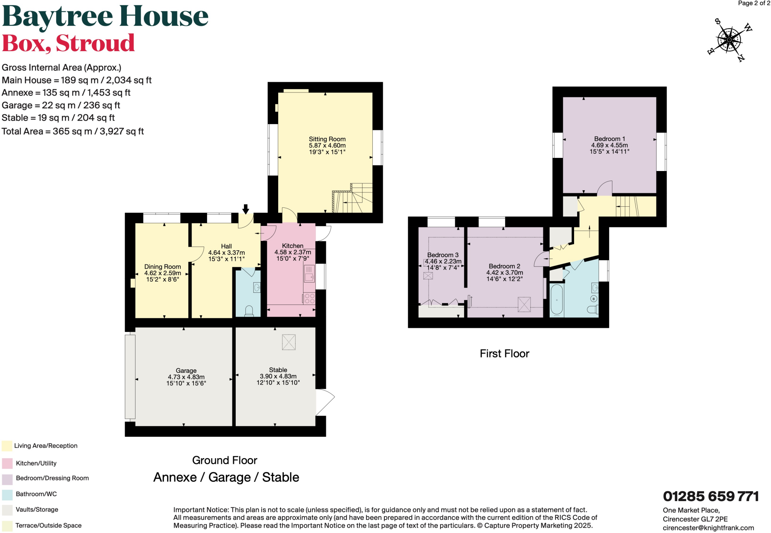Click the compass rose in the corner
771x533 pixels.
[x=729, y=40]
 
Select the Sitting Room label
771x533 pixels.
[x=327, y=139]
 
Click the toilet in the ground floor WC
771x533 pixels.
[x=249, y=311]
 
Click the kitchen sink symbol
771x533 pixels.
[x=309, y=274]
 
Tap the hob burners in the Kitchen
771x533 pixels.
[x=309, y=298]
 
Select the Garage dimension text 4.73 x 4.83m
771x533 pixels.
[x=186, y=377]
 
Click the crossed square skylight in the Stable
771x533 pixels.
[x=289, y=342]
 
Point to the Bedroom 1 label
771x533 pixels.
[x=609, y=139]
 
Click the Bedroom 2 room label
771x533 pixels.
[x=504, y=266]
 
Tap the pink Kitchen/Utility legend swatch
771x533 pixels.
[x=7, y=463]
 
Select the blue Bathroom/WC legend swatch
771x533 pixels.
[x=7, y=494]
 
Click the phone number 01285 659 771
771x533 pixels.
[x=710, y=496]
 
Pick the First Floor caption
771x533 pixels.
[x=504, y=353]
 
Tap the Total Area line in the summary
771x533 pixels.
[x=73, y=131]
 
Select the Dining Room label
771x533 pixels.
[x=162, y=266]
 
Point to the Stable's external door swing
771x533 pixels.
[x=325, y=402]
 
